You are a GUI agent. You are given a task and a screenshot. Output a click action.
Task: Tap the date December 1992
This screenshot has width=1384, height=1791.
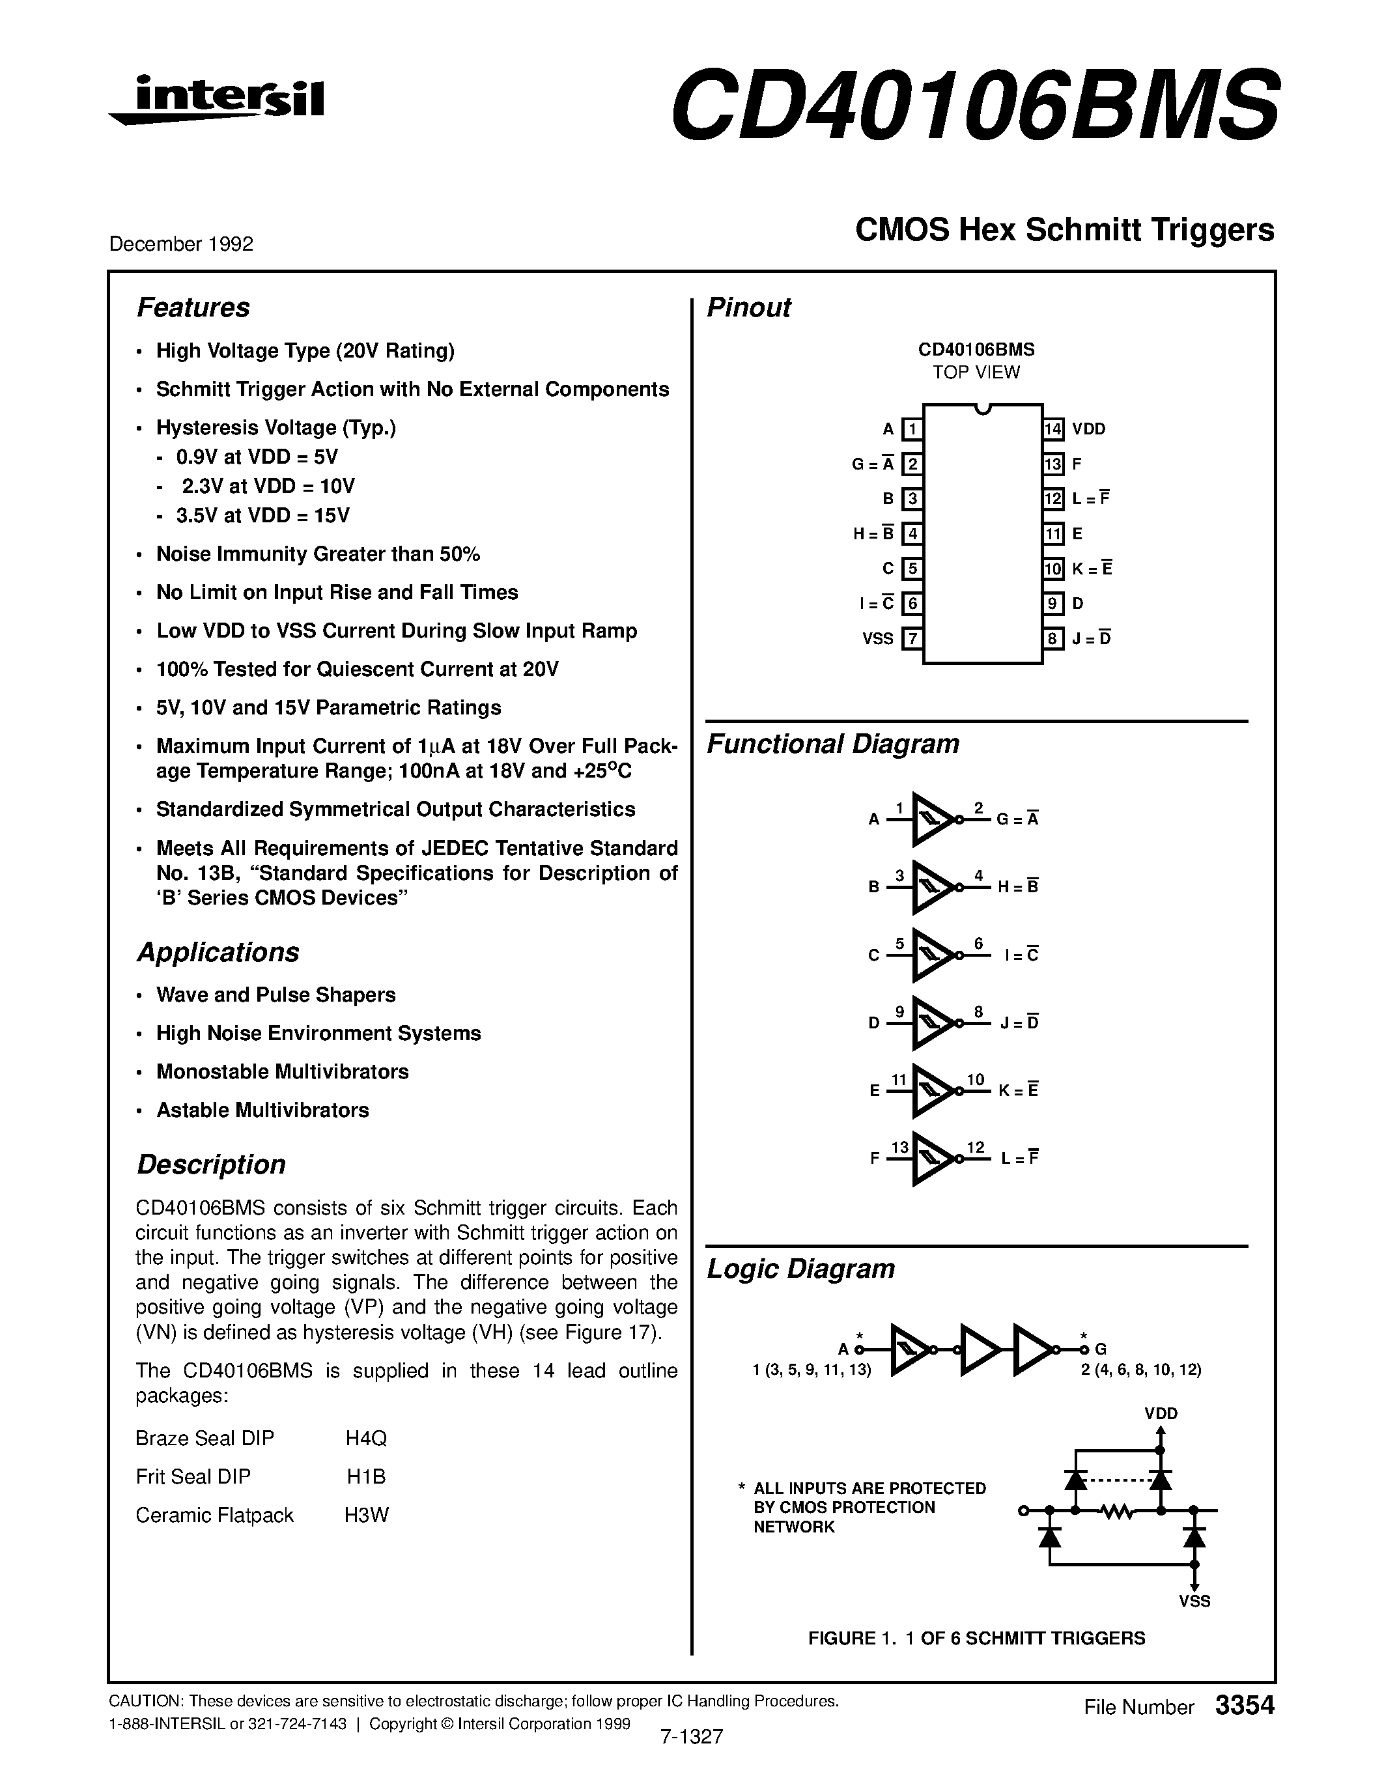181,244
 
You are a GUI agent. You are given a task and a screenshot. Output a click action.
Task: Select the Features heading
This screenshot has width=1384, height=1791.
193,307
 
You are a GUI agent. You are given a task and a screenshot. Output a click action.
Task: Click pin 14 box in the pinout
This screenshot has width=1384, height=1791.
1054,429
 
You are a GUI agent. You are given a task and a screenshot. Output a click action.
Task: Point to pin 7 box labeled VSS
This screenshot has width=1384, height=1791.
912,638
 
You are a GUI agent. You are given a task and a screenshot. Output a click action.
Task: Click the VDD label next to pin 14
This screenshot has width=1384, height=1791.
1089,429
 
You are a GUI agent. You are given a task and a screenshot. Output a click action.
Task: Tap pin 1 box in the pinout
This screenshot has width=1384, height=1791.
912,429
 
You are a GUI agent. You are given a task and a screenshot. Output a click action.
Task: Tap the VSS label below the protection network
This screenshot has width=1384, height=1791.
1194,1601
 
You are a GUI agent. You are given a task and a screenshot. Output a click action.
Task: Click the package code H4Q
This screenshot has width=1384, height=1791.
365,1439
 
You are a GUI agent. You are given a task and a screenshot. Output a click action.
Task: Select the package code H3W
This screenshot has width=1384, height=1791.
365,1515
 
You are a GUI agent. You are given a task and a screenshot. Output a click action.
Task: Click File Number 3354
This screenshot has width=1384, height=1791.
1179,1706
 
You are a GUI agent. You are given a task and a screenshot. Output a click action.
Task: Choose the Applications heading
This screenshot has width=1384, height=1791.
218,952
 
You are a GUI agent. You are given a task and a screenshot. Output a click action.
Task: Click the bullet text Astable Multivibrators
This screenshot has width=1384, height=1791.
262,1110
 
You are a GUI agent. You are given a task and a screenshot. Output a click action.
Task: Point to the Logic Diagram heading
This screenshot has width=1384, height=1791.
800,1269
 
